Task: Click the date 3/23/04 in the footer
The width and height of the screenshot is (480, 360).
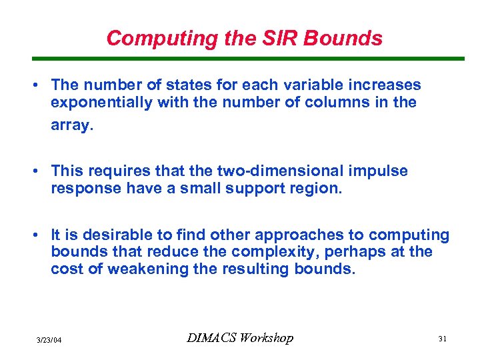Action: pyautogui.click(x=49, y=339)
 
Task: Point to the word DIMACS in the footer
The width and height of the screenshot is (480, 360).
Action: pyautogui.click(x=213, y=338)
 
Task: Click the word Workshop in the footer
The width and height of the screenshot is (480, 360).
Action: pyautogui.click(x=267, y=338)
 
